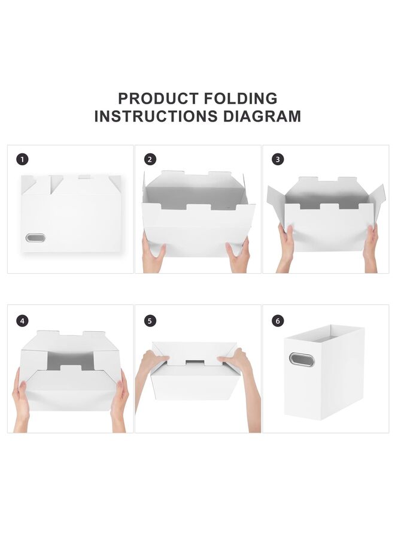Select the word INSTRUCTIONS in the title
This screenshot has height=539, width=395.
coord(156,116)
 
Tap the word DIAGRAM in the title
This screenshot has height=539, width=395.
coord(262,116)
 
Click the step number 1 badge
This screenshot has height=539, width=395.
coord(23,159)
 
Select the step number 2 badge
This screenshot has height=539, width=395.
coord(150,159)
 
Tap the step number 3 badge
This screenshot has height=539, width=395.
coord(278,159)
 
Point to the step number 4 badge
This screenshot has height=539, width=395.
coord(23,321)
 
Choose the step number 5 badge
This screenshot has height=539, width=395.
coord(150,321)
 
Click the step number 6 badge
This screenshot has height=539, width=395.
coord(278,321)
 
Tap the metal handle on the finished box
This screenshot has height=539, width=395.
coord(301,359)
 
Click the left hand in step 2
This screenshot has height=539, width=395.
coord(153,255)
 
